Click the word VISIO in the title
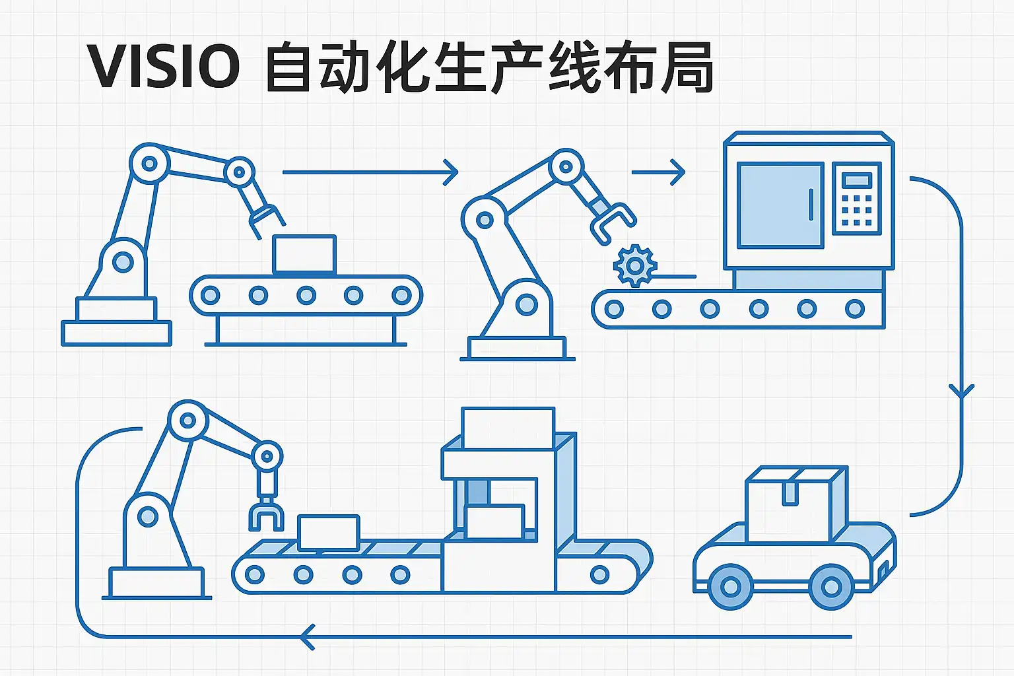pos(164,67)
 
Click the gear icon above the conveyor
pos(635,265)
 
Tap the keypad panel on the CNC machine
pos(857,198)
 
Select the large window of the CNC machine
pos(780,205)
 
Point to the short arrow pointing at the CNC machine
pos(659,172)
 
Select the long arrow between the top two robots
pos(370,172)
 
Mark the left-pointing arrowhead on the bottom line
pos(308,637)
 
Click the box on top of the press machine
pos(508,428)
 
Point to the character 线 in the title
pos(572,67)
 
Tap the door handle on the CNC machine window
pos(811,204)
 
